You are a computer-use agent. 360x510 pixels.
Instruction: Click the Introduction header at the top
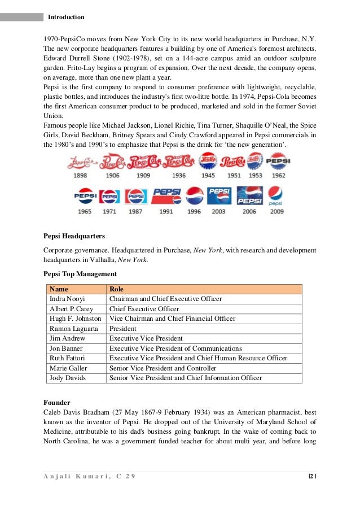click(x=66, y=17)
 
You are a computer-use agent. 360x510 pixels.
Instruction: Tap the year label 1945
click(x=208, y=176)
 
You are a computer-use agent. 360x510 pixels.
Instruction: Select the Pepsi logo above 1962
click(x=278, y=163)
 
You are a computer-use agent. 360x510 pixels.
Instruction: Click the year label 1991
click(x=166, y=212)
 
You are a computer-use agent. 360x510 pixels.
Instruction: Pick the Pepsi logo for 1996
click(x=194, y=196)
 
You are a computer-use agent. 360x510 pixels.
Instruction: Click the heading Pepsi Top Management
click(x=80, y=274)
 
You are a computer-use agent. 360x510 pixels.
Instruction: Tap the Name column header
click(x=59, y=289)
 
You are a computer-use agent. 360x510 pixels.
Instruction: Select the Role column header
click(x=117, y=289)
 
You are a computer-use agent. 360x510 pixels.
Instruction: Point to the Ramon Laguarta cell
click(x=72, y=329)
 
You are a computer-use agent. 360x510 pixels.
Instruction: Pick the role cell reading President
click(x=122, y=329)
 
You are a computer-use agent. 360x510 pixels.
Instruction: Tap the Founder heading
click(x=57, y=403)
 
